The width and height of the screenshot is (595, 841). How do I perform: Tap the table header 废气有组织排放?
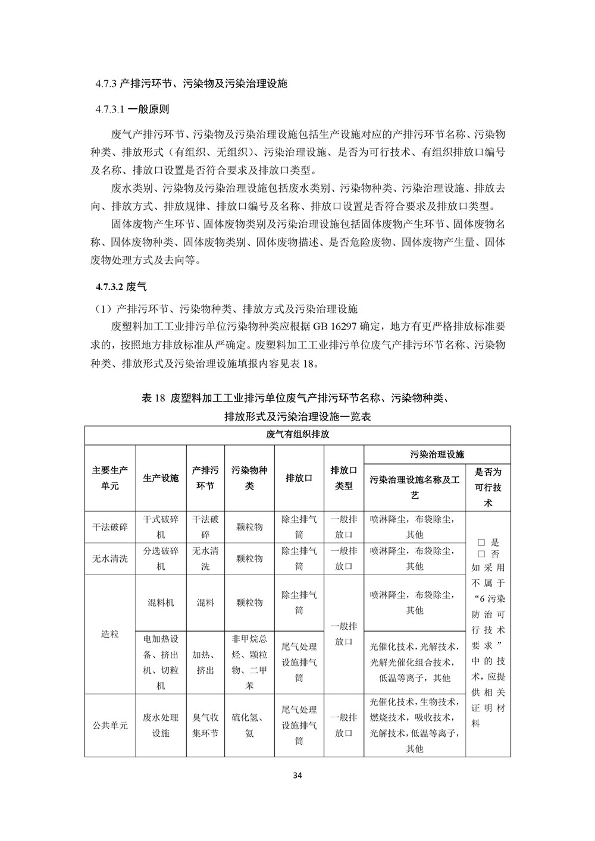pos(297,435)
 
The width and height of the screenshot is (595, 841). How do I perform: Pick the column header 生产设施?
pos(161,478)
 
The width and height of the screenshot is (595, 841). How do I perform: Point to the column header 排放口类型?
pos(343,478)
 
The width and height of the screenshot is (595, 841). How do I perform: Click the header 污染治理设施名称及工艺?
pos(415,487)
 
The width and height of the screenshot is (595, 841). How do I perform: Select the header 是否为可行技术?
pos(488,487)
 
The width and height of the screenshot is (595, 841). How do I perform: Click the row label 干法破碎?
pos(110,527)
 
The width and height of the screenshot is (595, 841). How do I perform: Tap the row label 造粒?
pos(110,634)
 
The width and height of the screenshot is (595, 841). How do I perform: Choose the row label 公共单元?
pos(110,725)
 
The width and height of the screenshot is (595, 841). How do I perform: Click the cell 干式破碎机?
pos(161,527)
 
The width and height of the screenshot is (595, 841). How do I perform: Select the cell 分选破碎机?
pos(161,558)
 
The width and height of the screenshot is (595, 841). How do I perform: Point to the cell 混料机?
pos(161,602)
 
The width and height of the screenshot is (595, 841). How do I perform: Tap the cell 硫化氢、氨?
pos(249,725)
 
